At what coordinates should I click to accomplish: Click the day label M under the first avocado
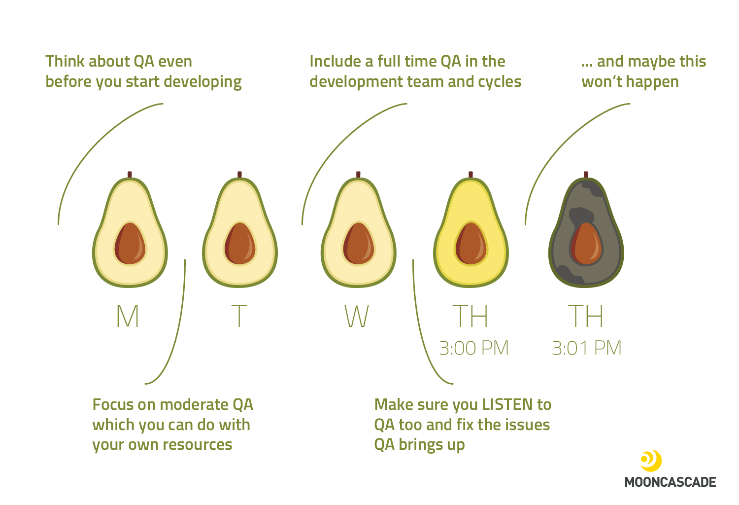[128, 316]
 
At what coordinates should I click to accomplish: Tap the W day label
[357, 316]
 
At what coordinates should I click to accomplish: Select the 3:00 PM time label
[474, 348]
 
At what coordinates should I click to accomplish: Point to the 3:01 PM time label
[587, 348]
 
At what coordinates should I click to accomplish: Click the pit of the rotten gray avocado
[586, 244]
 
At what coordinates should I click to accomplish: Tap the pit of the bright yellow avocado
[471, 244]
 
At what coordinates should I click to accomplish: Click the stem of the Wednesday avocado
[358, 175]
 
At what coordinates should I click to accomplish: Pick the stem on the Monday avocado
[130, 175]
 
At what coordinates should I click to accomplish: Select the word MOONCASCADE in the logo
[670, 482]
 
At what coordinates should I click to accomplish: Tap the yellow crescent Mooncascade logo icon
[651, 460]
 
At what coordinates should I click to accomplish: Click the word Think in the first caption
[65, 62]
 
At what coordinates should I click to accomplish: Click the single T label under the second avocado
[239, 316]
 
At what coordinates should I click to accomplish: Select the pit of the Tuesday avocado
[240, 244]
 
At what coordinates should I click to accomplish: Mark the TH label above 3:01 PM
[586, 316]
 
